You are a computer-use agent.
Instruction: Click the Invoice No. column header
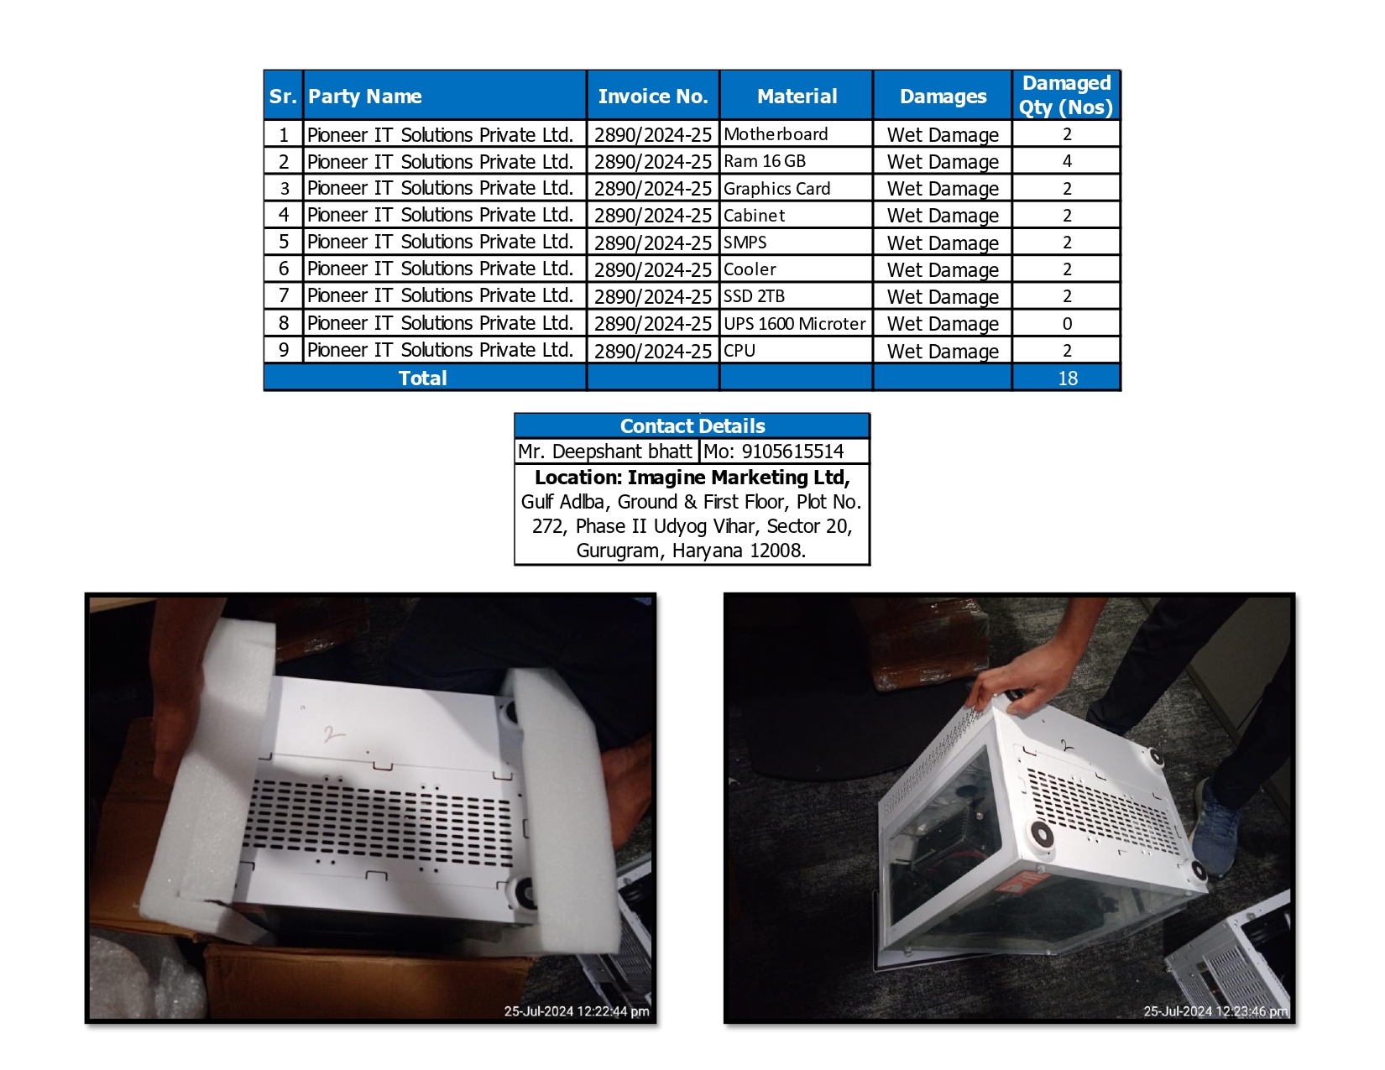pos(652,97)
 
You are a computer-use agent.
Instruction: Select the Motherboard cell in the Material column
pos(776,134)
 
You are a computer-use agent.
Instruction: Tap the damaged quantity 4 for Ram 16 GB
pos(1067,161)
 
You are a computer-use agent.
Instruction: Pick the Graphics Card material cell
pos(776,189)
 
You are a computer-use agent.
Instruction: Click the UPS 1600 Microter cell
pos(794,324)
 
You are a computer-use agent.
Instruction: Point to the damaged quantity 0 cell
pos(1067,324)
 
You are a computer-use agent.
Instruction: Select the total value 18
pos(1067,378)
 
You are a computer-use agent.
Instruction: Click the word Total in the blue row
pos(422,378)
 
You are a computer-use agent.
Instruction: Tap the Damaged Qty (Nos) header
pos(1066,96)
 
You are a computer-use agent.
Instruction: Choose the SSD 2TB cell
pos(754,296)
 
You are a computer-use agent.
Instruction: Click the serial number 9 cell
pos(284,350)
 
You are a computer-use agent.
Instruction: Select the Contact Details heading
pos(692,426)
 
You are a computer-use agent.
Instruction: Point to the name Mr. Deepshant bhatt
pos(605,451)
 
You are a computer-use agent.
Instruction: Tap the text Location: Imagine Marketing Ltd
pos(692,478)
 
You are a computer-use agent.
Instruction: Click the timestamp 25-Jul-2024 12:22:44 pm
pos(577,1011)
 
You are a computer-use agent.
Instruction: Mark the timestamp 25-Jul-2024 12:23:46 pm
pos(1215,1011)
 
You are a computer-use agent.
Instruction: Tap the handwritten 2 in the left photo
pos(332,735)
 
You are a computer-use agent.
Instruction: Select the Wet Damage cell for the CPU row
pos(943,351)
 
